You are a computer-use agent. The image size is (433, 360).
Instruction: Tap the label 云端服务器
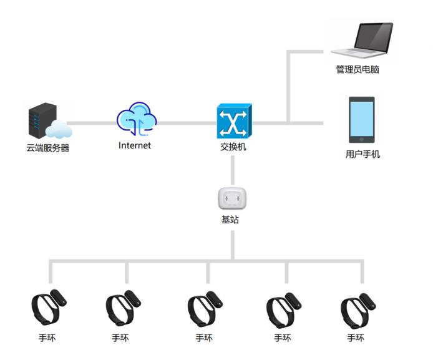(x=47, y=148)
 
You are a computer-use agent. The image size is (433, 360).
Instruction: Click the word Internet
(x=135, y=145)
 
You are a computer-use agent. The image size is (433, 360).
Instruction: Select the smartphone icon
(x=361, y=120)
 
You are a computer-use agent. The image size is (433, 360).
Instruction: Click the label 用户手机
(x=362, y=154)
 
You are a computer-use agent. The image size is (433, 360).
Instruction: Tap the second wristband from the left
(x=123, y=306)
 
